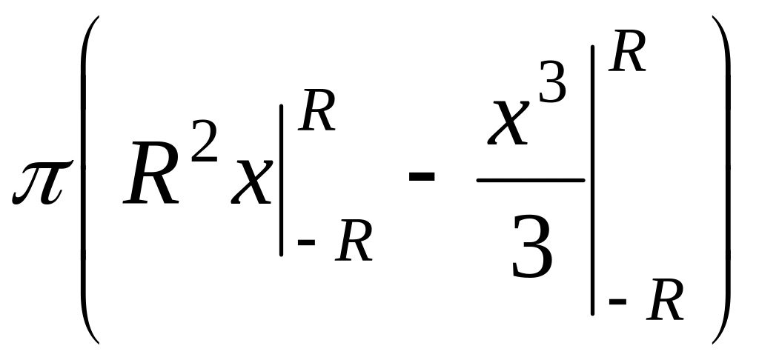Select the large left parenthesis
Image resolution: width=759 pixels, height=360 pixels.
(x=87, y=178)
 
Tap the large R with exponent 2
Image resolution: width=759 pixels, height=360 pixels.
(x=152, y=177)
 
